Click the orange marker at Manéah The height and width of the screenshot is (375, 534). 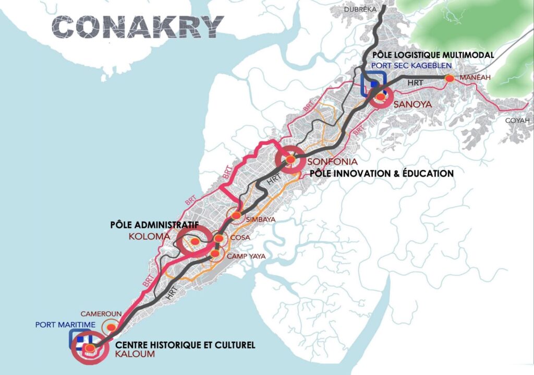click(448, 78)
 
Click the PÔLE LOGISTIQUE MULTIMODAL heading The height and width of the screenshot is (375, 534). click(432, 55)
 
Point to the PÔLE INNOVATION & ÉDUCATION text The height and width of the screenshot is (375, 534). click(382, 173)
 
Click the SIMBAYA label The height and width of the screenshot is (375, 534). click(261, 219)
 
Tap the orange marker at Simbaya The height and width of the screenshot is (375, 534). click(237, 215)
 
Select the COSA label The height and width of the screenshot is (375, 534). click(239, 238)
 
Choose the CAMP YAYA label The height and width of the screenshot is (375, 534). click(244, 256)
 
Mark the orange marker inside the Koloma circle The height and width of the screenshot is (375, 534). click(194, 241)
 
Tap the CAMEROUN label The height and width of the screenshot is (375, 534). click(101, 314)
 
